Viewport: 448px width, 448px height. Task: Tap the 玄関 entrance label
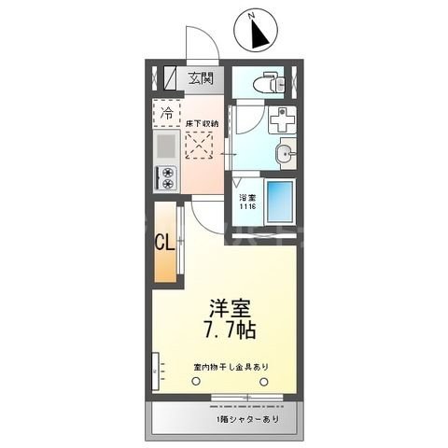tap(201, 78)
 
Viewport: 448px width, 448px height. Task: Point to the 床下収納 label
tap(202, 123)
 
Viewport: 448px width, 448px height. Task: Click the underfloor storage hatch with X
tap(201, 147)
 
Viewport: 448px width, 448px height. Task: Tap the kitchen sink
tap(164, 147)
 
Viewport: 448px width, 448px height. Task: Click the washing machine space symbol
tap(282, 120)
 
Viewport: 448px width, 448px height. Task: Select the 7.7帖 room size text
tap(230, 331)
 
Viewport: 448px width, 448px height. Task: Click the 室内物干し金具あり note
tap(230, 365)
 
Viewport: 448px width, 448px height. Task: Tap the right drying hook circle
tap(264, 381)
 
